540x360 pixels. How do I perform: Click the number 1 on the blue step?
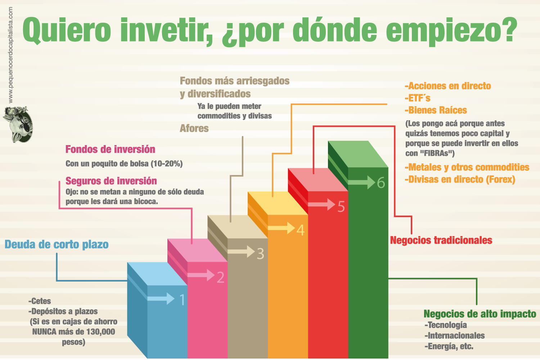(x=182, y=300)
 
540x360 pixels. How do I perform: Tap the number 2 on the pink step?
(x=220, y=277)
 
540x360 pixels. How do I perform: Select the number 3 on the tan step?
(x=261, y=254)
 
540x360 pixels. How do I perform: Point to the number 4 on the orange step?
(x=301, y=230)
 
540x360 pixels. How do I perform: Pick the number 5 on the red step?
(x=341, y=207)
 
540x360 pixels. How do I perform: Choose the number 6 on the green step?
(x=381, y=183)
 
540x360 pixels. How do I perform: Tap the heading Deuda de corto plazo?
(x=57, y=244)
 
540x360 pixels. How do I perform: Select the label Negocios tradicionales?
(x=441, y=240)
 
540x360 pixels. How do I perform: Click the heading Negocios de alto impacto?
(x=480, y=314)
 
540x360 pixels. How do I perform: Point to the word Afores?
(x=194, y=128)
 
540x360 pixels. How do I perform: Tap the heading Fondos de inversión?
(x=110, y=149)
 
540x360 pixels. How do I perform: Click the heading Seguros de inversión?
(x=111, y=181)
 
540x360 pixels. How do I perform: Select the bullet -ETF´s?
(x=418, y=98)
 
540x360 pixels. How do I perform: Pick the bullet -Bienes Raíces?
(x=436, y=110)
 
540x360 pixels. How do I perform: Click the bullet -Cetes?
(x=40, y=301)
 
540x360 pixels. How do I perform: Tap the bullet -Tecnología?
(x=446, y=325)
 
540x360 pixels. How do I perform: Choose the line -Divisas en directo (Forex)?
(x=460, y=179)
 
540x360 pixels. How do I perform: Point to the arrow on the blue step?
(x=161, y=298)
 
